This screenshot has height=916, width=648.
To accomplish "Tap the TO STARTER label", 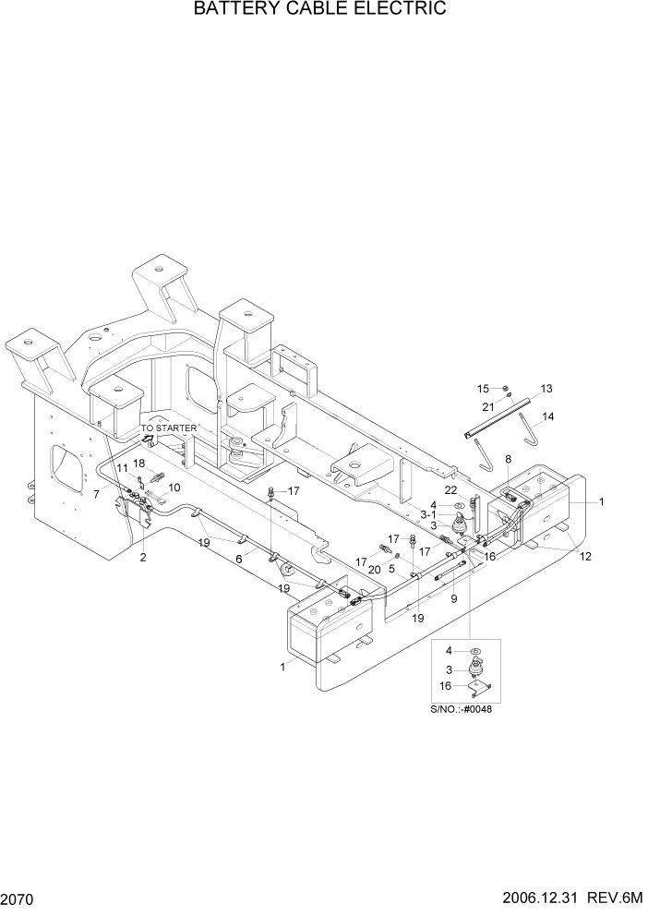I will [x=169, y=428].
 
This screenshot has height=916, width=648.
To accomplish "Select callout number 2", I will [x=143, y=558].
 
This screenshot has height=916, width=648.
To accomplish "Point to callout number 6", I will [x=238, y=559].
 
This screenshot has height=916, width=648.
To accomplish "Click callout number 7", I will [x=96, y=495].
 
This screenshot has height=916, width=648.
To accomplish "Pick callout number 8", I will [x=508, y=459].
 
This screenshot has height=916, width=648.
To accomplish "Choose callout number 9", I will [x=453, y=599].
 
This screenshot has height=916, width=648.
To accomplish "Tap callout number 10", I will [x=174, y=487].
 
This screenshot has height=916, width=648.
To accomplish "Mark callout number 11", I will [x=122, y=469].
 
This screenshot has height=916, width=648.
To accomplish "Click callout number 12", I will [x=585, y=556].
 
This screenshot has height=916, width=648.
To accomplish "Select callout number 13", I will [x=546, y=388].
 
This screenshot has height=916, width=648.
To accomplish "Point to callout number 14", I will [x=548, y=416].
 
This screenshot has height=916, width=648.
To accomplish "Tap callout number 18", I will [x=139, y=463].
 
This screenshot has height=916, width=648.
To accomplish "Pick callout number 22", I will [x=451, y=490].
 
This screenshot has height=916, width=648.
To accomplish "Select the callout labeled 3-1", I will [x=430, y=513].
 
